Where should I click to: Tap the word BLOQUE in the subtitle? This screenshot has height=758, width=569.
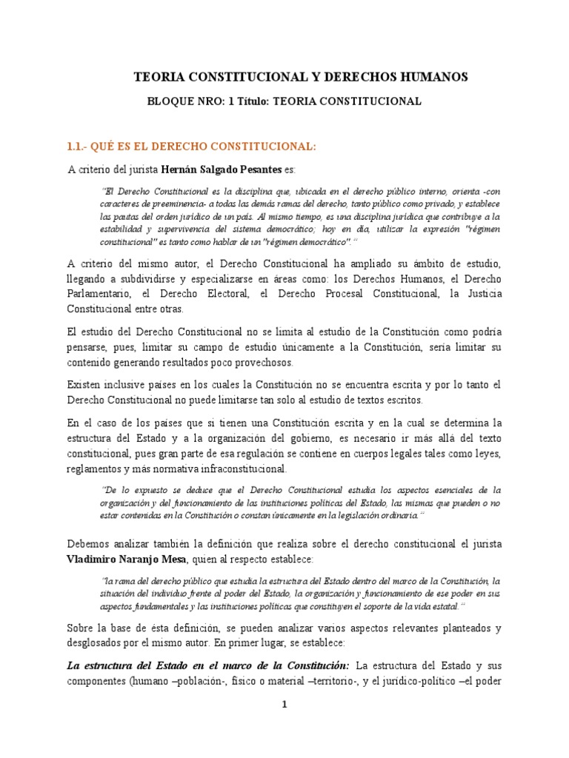tap(173, 101)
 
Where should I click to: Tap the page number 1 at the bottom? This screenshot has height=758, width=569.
tap(283, 705)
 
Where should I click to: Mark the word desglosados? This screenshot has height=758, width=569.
tap(98, 642)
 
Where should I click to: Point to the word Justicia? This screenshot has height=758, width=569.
tap(481, 294)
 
